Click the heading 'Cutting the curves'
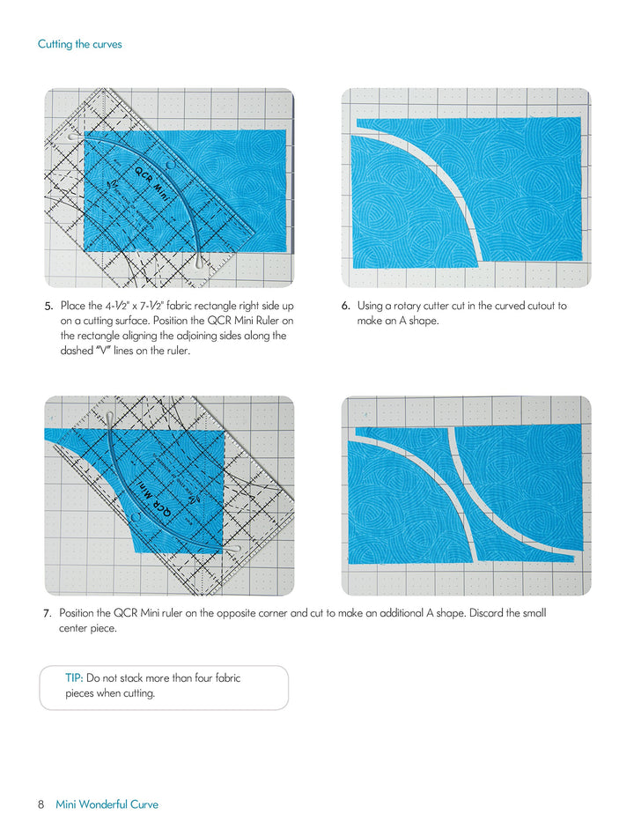pos(79,44)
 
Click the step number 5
pos(49,307)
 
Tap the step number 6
pos(346,307)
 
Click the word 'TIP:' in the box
pos(74,678)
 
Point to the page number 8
pos(41,804)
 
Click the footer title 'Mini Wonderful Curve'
pos(107,804)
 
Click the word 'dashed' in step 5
pos(79,351)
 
